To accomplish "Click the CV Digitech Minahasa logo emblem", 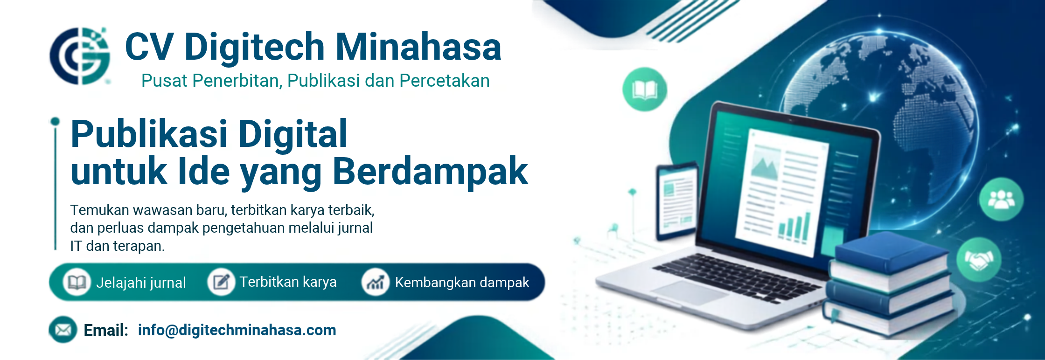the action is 80,56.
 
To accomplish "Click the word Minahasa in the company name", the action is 418,47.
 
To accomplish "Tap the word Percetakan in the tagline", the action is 445,81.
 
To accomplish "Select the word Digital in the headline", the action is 293,134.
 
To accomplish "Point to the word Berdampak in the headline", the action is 430,172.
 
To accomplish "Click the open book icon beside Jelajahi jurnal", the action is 77,282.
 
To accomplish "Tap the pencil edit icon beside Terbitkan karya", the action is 221,282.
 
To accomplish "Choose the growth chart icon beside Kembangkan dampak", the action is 375,282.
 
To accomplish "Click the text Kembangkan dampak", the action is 462,282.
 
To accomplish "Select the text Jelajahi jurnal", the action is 141,283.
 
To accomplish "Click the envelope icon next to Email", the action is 63,330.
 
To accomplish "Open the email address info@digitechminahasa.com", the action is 237,330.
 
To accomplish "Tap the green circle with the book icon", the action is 645,90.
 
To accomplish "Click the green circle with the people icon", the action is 1001,199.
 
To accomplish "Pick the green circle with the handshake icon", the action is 978,260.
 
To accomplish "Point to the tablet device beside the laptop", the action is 677,201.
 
